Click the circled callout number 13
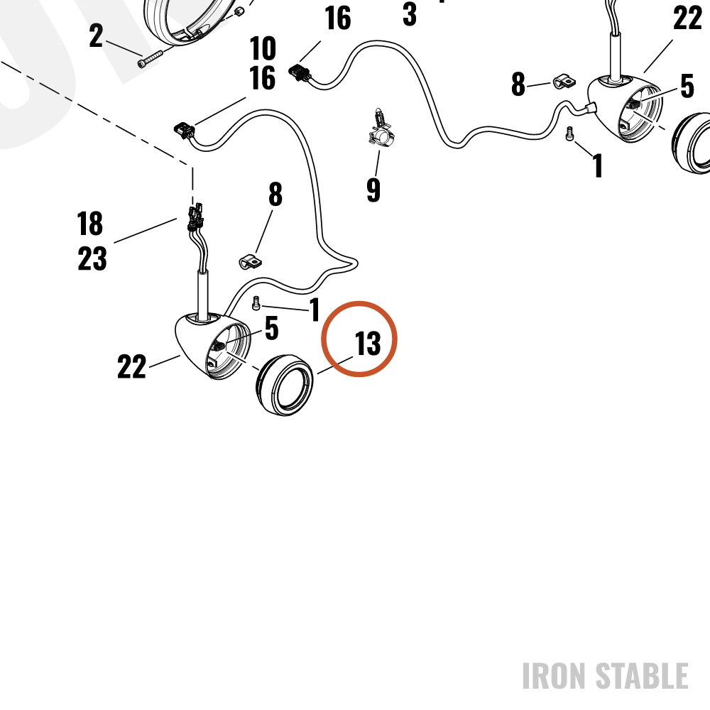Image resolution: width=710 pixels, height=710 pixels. [x=368, y=343]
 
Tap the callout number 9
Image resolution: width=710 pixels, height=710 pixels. [x=373, y=190]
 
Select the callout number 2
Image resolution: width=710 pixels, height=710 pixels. [x=96, y=35]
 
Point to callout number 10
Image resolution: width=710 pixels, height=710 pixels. [x=263, y=48]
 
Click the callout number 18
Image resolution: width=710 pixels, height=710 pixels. [x=90, y=224]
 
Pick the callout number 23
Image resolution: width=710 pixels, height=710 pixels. [x=92, y=258]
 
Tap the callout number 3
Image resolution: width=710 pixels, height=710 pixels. [x=410, y=14]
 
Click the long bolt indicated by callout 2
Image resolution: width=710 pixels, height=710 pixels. [x=150, y=59]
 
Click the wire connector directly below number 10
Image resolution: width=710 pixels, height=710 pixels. [x=185, y=131]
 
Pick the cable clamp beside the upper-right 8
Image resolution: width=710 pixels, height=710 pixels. [x=564, y=82]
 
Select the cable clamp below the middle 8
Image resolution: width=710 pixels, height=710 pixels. [x=251, y=262]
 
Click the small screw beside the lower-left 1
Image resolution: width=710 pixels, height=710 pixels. [x=256, y=303]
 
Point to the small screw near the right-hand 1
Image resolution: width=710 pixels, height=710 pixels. [x=570, y=134]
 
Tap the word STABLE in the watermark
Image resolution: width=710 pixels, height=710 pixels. [x=642, y=676]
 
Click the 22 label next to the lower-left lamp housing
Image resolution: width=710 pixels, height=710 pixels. [x=132, y=366]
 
